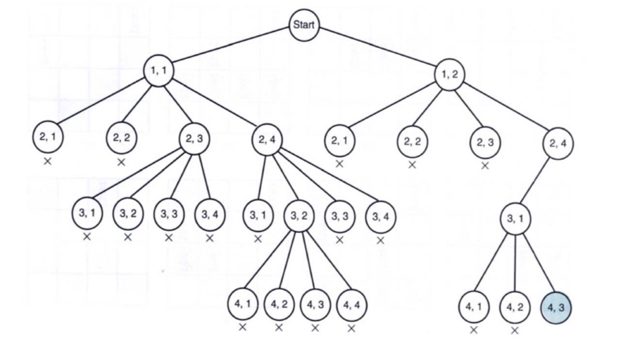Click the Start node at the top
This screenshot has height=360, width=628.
pyautogui.click(x=304, y=27)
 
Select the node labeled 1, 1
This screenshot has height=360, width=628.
pyautogui.click(x=158, y=71)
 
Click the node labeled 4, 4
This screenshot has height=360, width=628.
pyautogui.click(x=350, y=306)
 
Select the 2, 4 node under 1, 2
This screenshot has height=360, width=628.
pyautogui.click(x=558, y=144)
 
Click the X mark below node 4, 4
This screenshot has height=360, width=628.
pyautogui.click(x=351, y=328)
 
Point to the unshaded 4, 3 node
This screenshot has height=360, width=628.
pyautogui.click(x=313, y=306)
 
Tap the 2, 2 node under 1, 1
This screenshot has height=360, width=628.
pyautogui.click(x=121, y=137)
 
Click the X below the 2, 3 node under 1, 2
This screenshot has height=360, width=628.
pyautogui.click(x=485, y=166)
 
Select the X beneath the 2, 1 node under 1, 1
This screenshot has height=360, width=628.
pyautogui.click(x=48, y=161)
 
